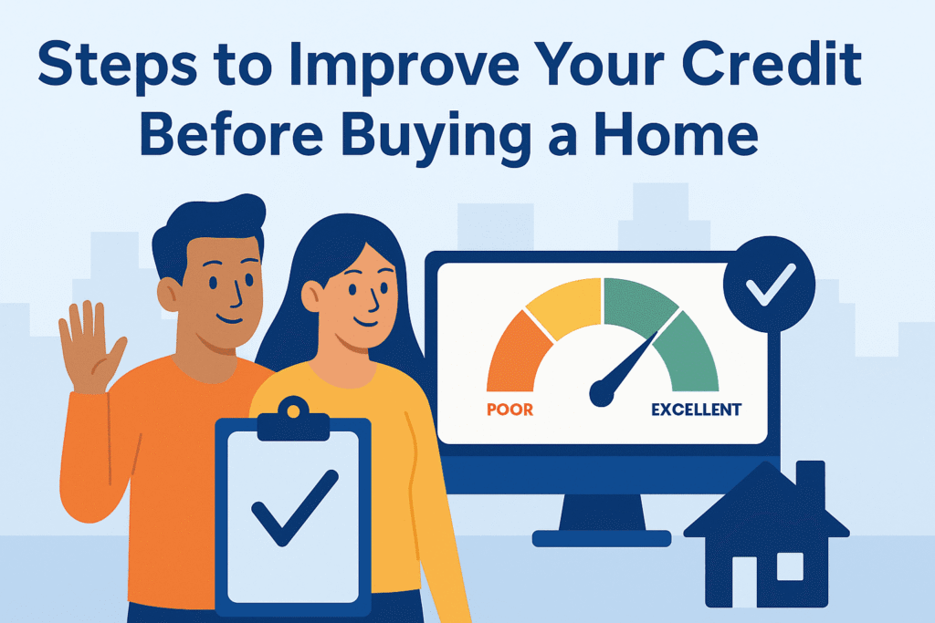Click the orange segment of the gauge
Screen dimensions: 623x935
[518, 350]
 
